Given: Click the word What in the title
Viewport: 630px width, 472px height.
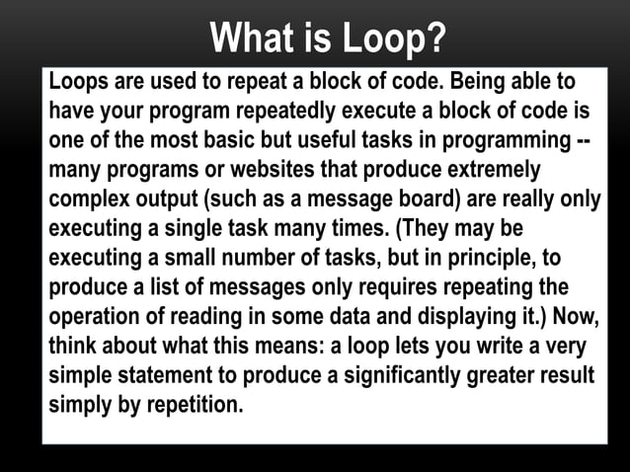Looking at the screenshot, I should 253,39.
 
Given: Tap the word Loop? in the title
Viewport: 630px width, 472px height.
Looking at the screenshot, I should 394,39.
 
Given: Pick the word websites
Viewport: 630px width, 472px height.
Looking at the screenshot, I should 243,169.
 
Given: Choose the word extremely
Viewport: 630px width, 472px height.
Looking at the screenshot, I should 489,169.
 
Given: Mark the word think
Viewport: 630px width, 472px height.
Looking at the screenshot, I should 74,348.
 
